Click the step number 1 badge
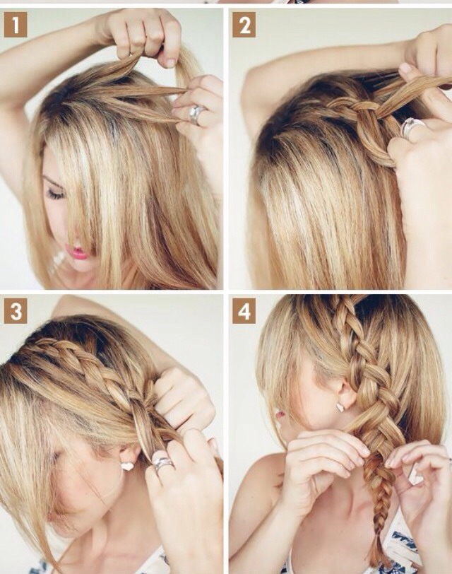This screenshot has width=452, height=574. (16, 25)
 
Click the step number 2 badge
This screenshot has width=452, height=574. (244, 25)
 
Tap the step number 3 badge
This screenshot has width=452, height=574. (16, 312)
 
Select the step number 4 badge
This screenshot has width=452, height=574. (244, 312)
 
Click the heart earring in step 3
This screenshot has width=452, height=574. (127, 466)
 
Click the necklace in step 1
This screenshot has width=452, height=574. (58, 264)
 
